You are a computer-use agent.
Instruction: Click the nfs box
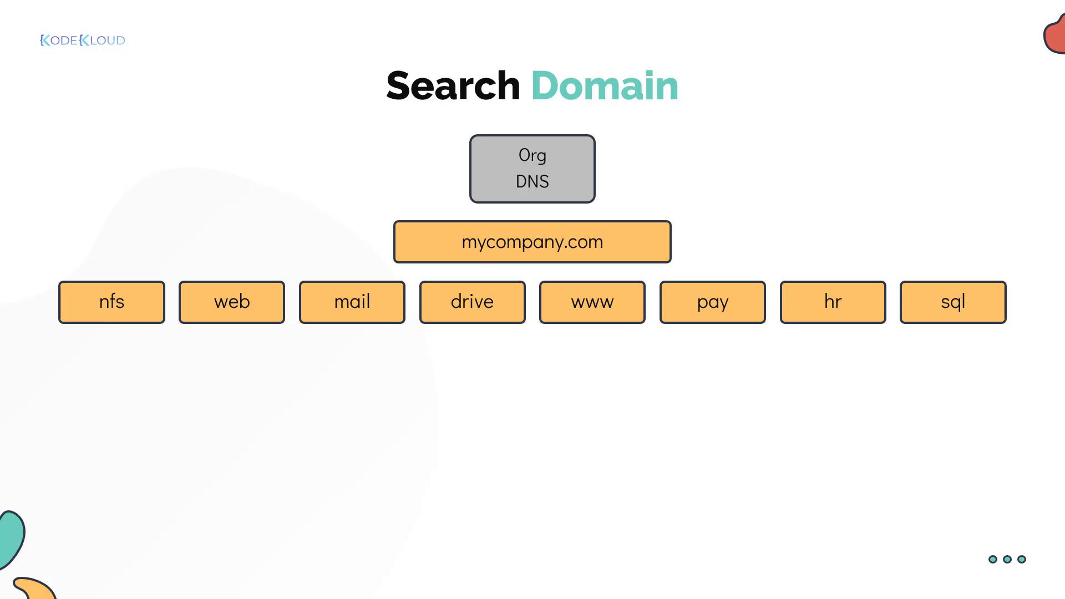pyautogui.click(x=111, y=302)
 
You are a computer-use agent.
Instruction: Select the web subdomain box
pyautogui.click(x=232, y=302)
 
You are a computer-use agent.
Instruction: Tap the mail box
pyautogui.click(x=352, y=302)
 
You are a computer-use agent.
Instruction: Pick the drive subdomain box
pyautogui.click(x=473, y=302)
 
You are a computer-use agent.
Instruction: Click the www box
pyautogui.click(x=592, y=302)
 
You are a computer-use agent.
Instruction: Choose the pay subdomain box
pyautogui.click(x=713, y=302)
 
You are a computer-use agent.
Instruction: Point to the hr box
pyautogui.click(x=833, y=302)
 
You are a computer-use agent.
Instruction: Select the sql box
pyautogui.click(x=953, y=302)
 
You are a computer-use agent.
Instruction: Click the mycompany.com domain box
pyautogui.click(x=532, y=242)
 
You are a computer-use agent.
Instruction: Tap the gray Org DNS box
pyautogui.click(x=532, y=169)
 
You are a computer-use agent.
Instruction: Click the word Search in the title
pyautogui.click(x=453, y=86)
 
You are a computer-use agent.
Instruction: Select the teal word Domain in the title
pyautogui.click(x=605, y=86)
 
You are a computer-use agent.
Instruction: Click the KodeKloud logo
pyautogui.click(x=83, y=40)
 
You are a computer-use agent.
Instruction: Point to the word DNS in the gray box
pyautogui.click(x=532, y=181)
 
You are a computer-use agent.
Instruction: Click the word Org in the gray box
pyautogui.click(x=532, y=155)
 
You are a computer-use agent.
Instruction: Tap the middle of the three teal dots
pyautogui.click(x=1007, y=559)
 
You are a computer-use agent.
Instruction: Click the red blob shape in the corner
pyautogui.click(x=1054, y=34)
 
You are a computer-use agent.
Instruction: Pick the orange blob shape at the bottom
pyautogui.click(x=34, y=588)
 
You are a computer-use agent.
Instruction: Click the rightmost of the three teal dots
pyautogui.click(x=1022, y=559)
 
